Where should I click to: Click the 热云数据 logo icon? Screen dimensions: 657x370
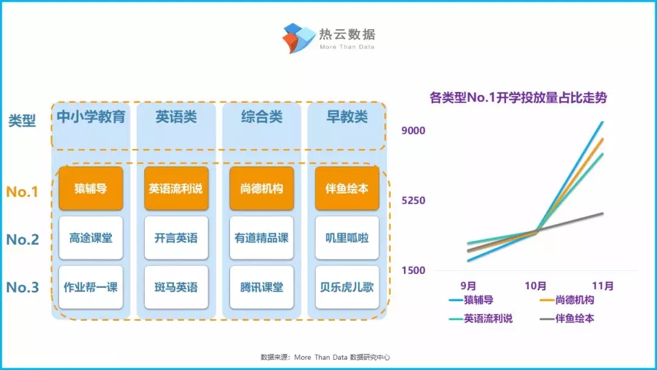298,38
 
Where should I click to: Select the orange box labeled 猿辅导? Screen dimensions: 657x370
91,189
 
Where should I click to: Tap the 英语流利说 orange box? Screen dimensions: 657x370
176,189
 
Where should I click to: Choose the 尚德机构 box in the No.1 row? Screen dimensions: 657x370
262,189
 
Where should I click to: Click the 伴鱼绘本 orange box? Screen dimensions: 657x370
347,189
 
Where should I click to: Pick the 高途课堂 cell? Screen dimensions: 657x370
91,238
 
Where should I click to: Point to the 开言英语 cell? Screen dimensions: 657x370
176,238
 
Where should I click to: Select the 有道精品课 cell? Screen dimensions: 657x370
262,238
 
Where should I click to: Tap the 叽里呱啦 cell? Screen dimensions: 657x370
347,238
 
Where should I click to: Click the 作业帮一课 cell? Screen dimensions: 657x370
91,287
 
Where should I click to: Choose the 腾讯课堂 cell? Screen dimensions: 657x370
262,287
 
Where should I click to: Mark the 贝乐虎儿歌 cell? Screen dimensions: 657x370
347,287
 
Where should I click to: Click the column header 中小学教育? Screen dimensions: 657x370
91,116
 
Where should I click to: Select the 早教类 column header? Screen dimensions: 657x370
347,116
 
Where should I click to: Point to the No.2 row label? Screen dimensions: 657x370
23,239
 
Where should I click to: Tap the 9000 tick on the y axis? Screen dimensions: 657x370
413,130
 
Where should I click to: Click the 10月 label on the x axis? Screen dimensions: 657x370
535,286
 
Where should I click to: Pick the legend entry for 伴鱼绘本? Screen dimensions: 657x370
568,318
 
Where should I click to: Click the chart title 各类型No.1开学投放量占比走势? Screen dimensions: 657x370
518,97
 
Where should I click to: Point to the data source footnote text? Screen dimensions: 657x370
325,357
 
